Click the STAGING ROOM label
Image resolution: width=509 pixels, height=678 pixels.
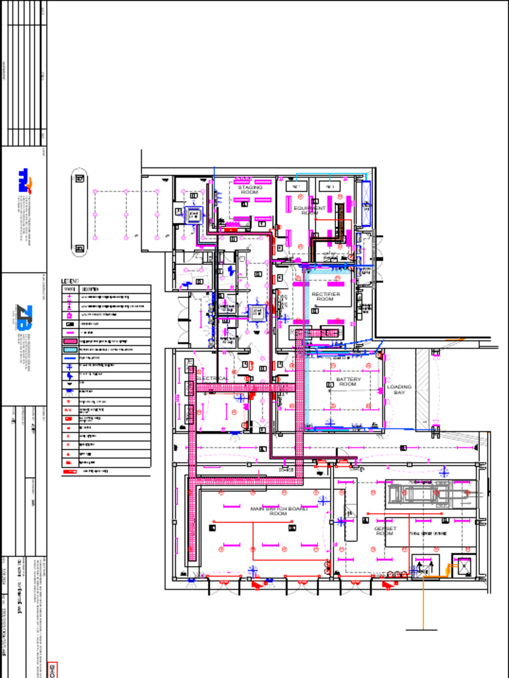[x=250, y=189]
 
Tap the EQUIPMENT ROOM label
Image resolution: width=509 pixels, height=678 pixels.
[x=310, y=211]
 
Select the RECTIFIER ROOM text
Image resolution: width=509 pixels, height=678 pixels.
[x=326, y=296]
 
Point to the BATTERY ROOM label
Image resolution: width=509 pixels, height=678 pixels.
[x=349, y=381]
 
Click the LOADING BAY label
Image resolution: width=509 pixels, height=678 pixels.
[x=399, y=389]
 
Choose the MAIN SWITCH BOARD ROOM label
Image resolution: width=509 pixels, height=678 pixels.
[x=278, y=510]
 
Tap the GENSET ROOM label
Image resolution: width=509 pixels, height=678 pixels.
[x=385, y=531]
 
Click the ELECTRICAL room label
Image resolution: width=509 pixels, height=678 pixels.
[x=213, y=379]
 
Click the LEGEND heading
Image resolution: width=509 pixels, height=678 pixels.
[x=70, y=281]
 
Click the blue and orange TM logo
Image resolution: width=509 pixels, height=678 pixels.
[x=25, y=180]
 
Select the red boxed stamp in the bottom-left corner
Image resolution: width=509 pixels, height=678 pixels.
[x=53, y=669]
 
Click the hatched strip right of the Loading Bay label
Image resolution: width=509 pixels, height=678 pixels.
[x=423, y=388]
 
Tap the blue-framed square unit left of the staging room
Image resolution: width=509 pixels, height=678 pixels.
[x=194, y=215]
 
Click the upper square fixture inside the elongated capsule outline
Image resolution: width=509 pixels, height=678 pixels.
[x=80, y=178]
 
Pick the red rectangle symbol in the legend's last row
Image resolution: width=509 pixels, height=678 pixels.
[x=70, y=471]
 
